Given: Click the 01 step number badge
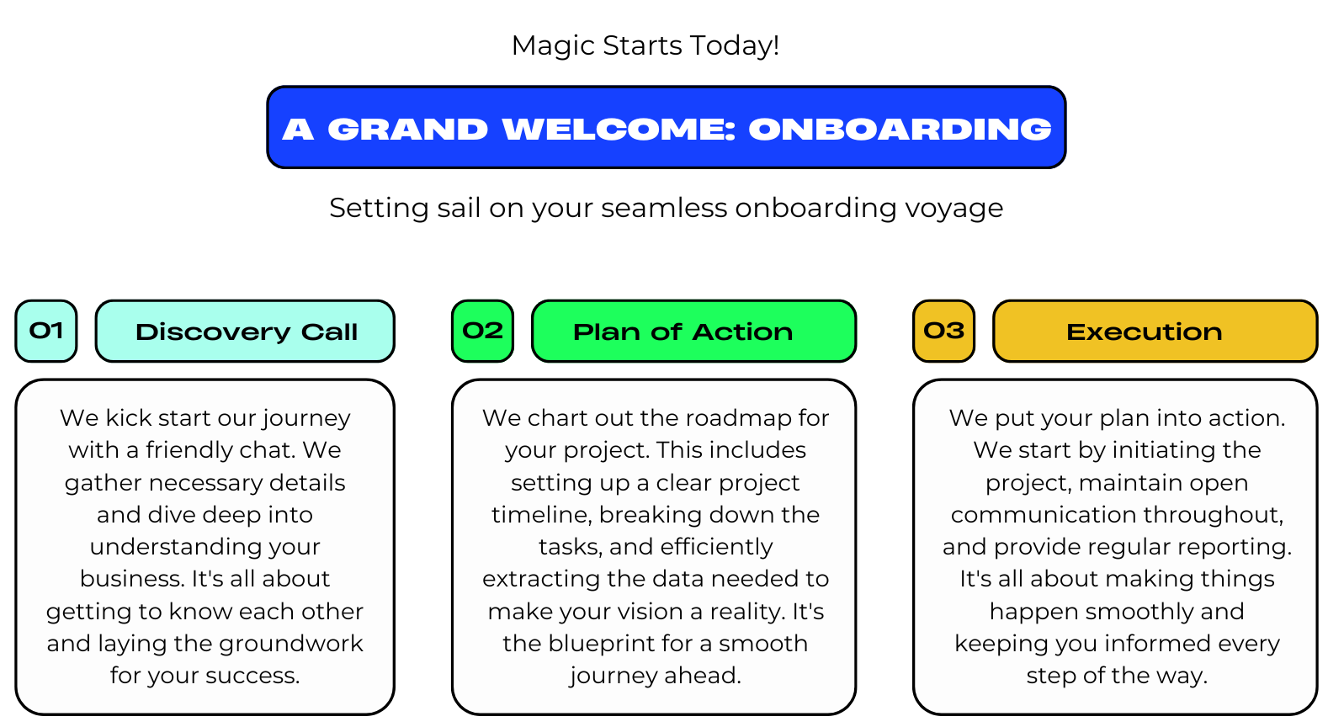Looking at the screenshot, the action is [46, 331].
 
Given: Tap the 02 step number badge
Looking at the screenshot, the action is [482, 331].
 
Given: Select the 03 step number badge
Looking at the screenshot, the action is [944, 331].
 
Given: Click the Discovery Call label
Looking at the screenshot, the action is [245, 331].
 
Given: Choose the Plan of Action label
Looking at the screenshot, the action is [694, 331].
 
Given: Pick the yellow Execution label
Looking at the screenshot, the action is [1155, 331].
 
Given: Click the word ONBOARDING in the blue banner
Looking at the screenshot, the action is [900, 130].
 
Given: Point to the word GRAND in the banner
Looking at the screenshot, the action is [407, 130].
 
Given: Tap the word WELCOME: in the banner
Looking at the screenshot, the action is [619, 130].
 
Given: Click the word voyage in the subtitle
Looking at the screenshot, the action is [954, 209].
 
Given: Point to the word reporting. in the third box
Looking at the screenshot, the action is [1235, 547].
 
